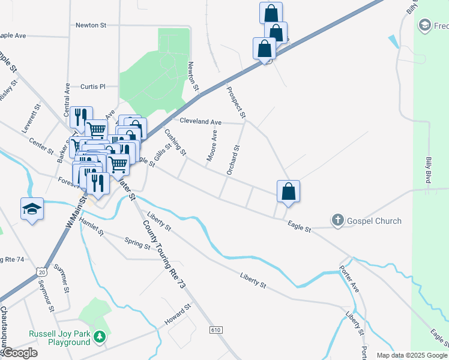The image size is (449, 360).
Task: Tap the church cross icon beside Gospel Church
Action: coord(338,221)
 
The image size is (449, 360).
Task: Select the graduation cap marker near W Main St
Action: coord(32,208)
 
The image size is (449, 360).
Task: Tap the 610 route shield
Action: coord(216,330)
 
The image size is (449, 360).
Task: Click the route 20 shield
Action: coord(40,271)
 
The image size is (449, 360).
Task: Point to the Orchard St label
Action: coord(233,160)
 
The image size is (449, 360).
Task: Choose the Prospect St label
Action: coord(236,101)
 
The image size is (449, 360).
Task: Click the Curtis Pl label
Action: coord(92,86)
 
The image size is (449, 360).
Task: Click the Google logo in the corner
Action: coord(19,353)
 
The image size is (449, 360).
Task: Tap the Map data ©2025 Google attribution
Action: coord(411,355)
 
